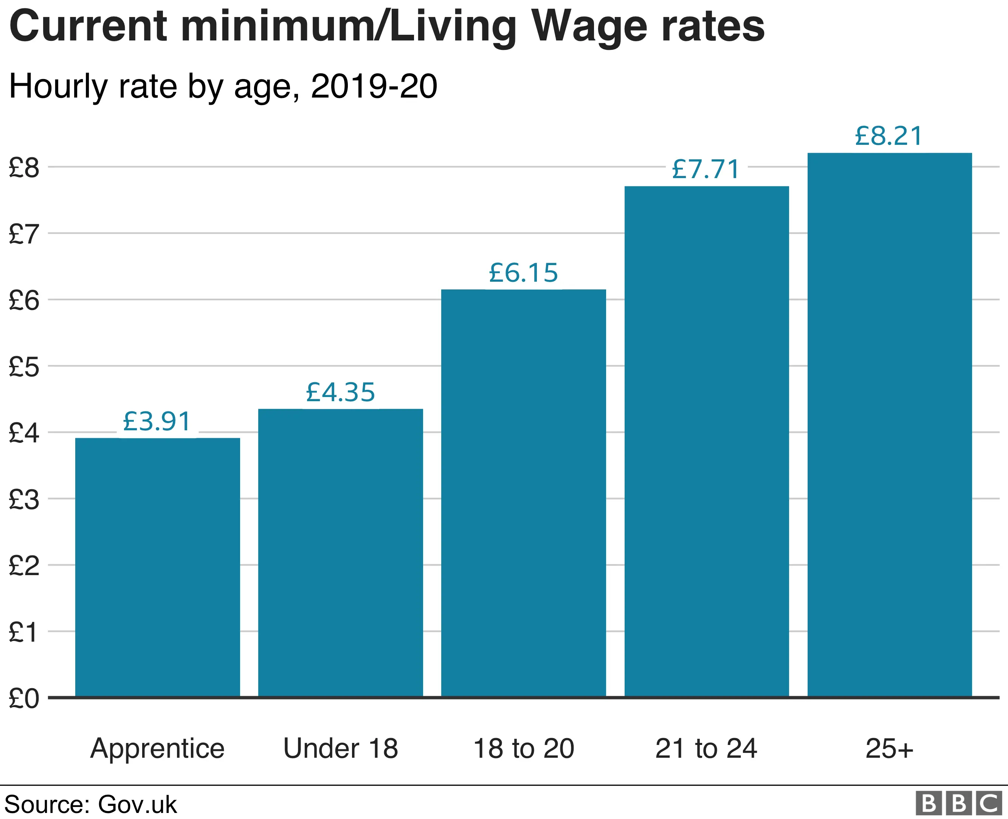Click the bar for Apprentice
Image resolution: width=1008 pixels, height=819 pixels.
tap(158, 567)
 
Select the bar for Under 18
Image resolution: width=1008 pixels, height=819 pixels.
tap(341, 552)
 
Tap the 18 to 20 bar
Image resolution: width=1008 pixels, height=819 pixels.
tap(524, 493)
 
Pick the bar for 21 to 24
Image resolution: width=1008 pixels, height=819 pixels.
tap(707, 441)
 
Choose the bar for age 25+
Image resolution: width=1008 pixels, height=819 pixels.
tap(890, 425)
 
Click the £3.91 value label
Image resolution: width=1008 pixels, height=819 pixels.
tap(157, 421)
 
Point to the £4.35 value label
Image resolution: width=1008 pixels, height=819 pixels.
tap(341, 392)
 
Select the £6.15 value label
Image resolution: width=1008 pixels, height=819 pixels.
tap(524, 273)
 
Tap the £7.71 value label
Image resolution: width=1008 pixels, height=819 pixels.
tap(706, 169)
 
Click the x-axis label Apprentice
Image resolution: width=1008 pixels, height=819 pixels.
tap(158, 749)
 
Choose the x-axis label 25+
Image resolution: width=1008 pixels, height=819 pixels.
tap(890, 749)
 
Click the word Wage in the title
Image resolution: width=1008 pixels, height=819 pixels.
tap(589, 27)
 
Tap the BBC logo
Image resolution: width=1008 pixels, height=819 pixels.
tap(958, 803)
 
